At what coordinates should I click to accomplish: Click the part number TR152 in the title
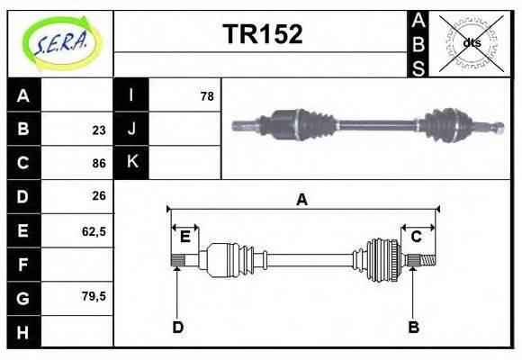coord(262,34)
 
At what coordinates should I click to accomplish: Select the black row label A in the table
coord(23,95)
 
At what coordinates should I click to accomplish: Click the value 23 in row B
coord(98,130)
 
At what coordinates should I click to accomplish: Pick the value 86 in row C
coord(98,163)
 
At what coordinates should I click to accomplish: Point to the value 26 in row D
coord(98,196)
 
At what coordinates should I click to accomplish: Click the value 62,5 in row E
coord(94,230)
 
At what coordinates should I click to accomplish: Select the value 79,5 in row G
coord(94,296)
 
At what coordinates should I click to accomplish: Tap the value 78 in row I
coord(206,95)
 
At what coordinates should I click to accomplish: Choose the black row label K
coord(131,162)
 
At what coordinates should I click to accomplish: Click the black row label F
coord(23,264)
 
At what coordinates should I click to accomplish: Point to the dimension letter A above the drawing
coord(302,200)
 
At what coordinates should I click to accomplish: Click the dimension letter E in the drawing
coord(184,237)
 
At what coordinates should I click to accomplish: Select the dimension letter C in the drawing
coord(417,237)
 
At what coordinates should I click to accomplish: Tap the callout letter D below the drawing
coord(177,328)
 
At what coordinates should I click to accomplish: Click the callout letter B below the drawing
coord(413,328)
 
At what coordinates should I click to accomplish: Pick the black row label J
coord(131,129)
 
